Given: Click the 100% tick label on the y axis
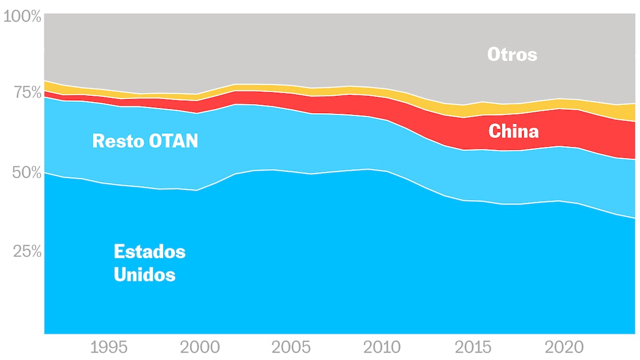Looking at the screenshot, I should coord(22,17).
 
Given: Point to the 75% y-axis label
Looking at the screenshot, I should coord(26,93).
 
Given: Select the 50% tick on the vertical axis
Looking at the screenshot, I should coord(26,172).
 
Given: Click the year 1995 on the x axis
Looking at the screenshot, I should coord(109,348).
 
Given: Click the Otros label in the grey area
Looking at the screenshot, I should coord(512,54).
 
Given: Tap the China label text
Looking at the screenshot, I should coord(513,131).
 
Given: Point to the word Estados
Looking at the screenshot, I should coord(149,251).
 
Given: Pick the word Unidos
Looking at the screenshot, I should coord(145,275).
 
